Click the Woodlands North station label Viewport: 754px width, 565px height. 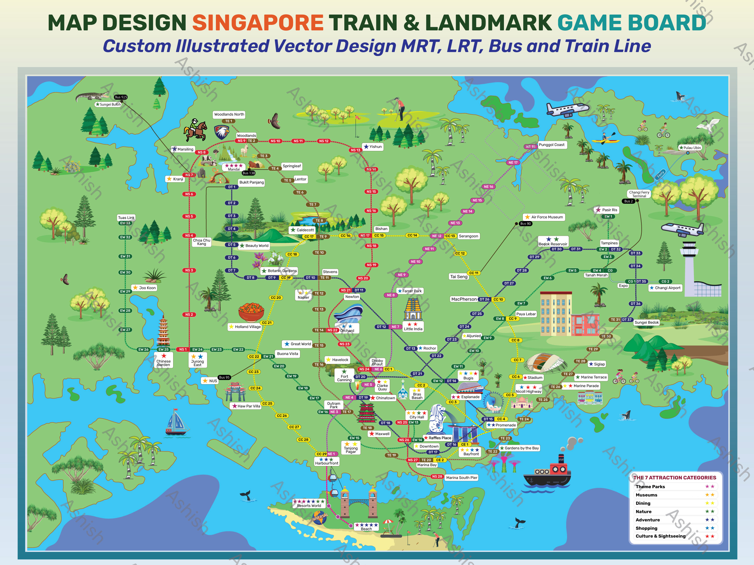(229, 115)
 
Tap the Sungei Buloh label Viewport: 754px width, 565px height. (108, 104)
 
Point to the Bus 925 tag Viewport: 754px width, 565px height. (121, 97)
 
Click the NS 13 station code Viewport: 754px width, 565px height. (356, 150)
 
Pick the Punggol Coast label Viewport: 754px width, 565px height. (551, 145)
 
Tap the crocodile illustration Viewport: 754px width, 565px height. (93, 97)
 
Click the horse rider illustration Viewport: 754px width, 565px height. (195, 130)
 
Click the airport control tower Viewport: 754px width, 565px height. (689, 266)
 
